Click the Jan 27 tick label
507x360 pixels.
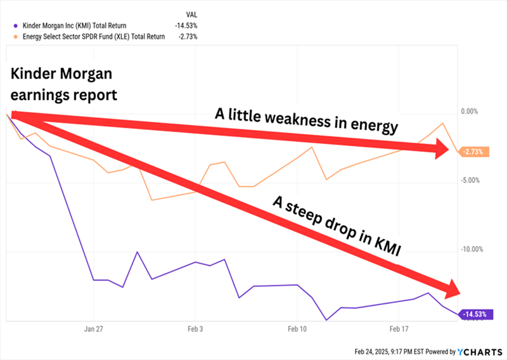(93, 330)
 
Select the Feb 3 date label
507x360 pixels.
(195, 330)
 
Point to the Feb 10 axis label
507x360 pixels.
(297, 330)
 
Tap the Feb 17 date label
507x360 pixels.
(398, 330)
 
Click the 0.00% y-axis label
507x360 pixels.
(469, 112)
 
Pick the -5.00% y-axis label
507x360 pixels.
(469, 181)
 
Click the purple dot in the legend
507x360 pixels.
(14, 26)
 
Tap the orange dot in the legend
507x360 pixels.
(14, 37)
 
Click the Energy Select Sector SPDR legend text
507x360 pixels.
(94, 37)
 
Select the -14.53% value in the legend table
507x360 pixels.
(186, 26)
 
